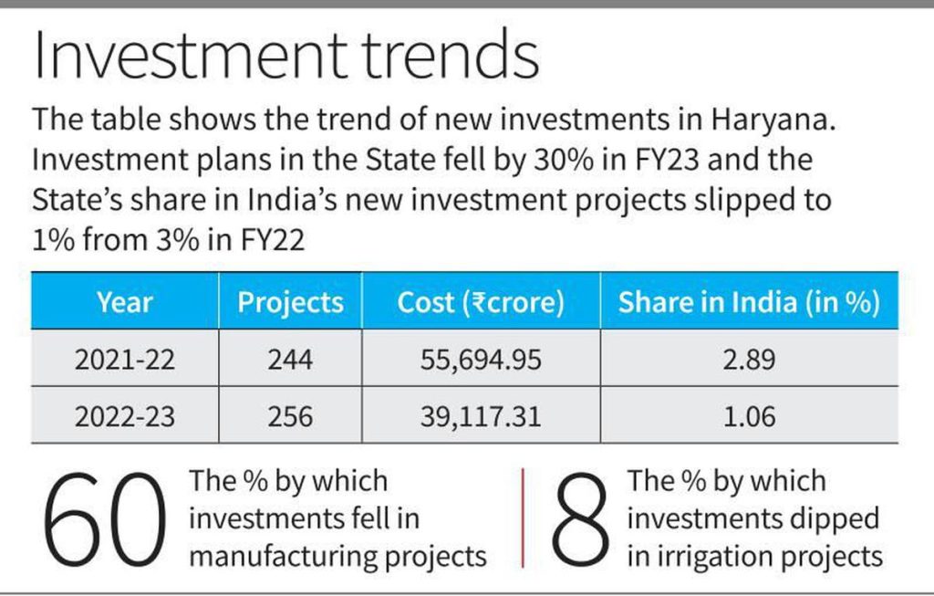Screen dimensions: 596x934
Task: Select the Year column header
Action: pyautogui.click(x=125, y=302)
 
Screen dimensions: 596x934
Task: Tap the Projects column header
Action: pyautogui.click(x=290, y=302)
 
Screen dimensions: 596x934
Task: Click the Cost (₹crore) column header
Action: pyautogui.click(x=481, y=302)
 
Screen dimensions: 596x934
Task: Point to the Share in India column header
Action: pyautogui.click(x=748, y=302)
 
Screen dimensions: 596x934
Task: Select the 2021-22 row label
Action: pyautogui.click(x=125, y=360)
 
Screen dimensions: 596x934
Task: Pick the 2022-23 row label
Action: pyautogui.click(x=125, y=417)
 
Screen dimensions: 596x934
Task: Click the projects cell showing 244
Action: pyautogui.click(x=290, y=360)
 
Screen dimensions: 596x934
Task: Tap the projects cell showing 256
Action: pyautogui.click(x=290, y=417)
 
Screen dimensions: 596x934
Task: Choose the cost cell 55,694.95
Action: pyautogui.click(x=481, y=360)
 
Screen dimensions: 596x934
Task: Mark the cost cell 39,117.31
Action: pyautogui.click(x=481, y=417)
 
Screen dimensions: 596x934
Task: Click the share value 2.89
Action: pyautogui.click(x=748, y=360)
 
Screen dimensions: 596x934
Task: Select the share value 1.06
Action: pyautogui.click(x=748, y=417)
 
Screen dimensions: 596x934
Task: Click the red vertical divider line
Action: pyautogui.click(x=524, y=518)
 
